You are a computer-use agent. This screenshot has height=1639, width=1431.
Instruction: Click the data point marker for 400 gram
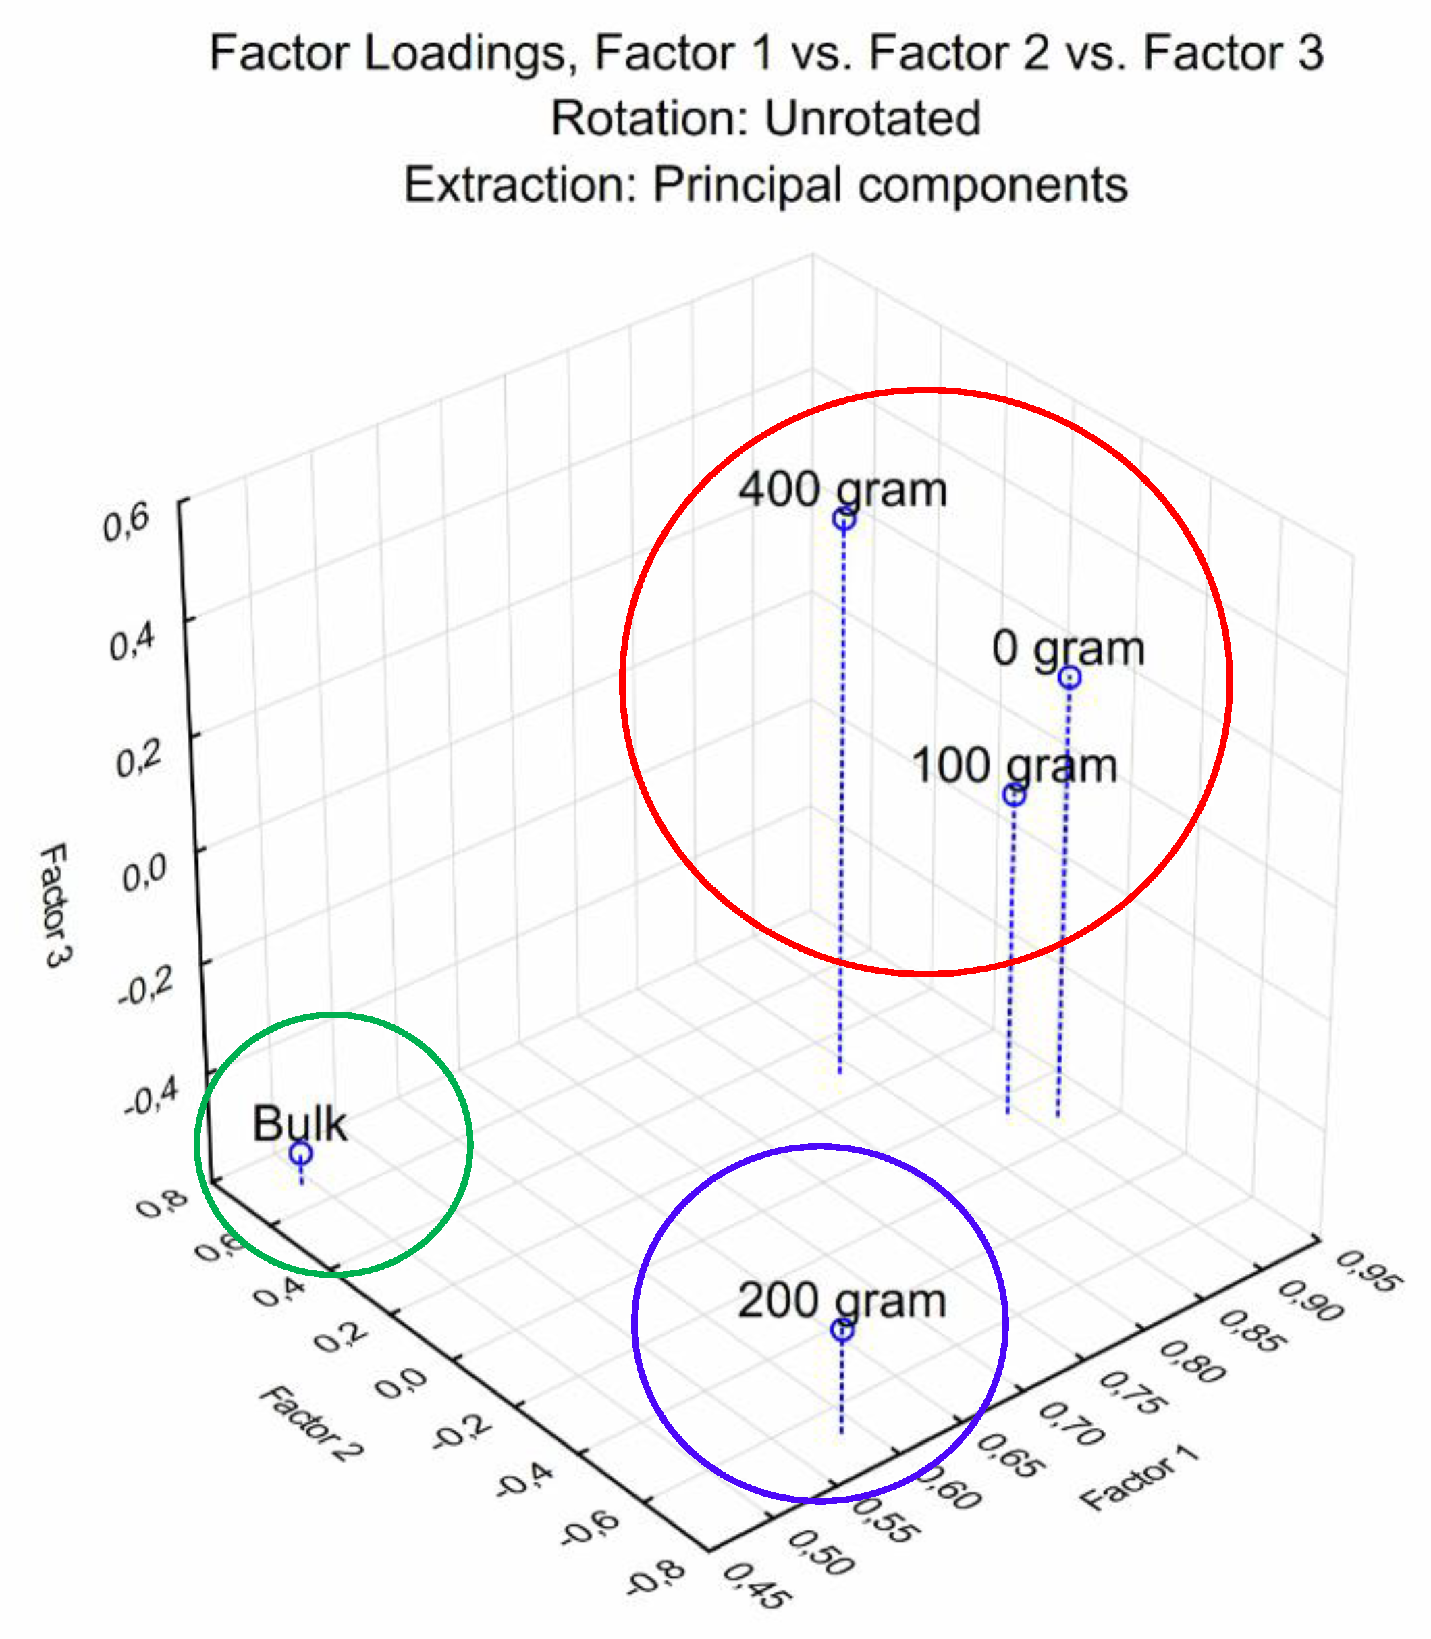click(844, 519)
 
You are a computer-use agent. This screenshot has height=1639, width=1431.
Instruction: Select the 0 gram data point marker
click(1069, 677)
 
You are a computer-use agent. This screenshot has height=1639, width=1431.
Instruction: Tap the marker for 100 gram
click(1013, 796)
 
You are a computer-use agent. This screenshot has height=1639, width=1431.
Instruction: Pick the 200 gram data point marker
click(842, 1330)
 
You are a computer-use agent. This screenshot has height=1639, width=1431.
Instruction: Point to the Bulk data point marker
click(300, 1153)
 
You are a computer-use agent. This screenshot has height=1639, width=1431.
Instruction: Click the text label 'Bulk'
click(300, 1124)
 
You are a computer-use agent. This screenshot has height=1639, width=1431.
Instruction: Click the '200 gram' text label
click(842, 1301)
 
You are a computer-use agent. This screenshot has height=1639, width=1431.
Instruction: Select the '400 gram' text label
click(842, 490)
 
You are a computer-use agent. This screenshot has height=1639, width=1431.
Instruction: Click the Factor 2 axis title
click(310, 1424)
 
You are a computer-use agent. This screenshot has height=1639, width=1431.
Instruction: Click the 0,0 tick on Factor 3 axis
click(144, 874)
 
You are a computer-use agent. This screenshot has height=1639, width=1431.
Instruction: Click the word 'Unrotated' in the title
click(872, 119)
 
